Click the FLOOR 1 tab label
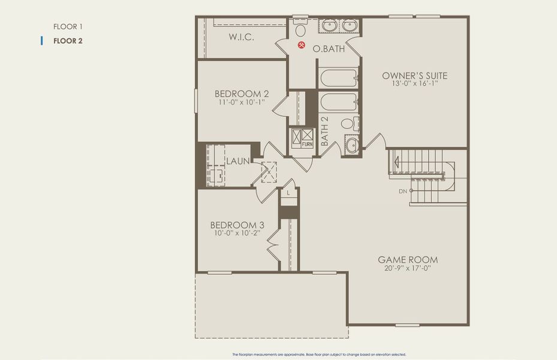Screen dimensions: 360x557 (68, 26)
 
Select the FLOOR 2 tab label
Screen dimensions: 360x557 (68, 41)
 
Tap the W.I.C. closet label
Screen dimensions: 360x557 (242, 37)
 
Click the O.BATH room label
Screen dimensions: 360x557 (329, 49)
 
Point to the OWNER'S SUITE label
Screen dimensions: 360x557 (415, 76)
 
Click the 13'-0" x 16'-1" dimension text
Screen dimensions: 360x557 (415, 85)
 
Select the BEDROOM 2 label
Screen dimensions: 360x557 (242, 94)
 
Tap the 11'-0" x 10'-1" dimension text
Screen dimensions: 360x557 (242, 103)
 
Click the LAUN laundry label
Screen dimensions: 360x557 (237, 161)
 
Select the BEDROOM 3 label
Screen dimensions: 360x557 (237, 225)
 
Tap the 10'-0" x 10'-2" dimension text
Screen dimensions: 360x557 (237, 233)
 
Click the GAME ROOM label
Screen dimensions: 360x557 (408, 260)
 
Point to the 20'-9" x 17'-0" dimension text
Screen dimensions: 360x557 (408, 268)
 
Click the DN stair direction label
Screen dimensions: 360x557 (402, 191)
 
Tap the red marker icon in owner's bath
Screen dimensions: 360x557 (303, 45)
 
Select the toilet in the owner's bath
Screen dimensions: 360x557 (301, 29)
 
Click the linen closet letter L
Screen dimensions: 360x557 (288, 193)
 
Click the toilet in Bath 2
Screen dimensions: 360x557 (348, 124)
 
